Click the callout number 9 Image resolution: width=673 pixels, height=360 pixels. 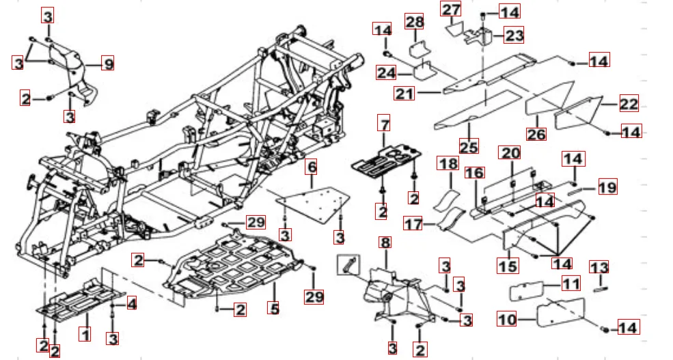coord(107,64)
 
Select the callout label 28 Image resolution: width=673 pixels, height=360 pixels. coord(414,23)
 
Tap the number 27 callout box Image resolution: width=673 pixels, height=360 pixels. coord(451,10)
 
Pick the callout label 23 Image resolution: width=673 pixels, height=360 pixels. coord(514,36)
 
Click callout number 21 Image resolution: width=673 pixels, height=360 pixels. coord(405,93)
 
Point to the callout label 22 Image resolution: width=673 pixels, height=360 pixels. coord(628,105)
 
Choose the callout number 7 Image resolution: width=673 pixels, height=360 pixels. coord(385,125)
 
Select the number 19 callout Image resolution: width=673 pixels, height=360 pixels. coord(607,186)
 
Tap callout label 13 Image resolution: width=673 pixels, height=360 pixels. coord(599,268)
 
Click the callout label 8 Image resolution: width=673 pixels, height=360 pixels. coord(385,243)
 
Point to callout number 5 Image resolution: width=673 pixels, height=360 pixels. coord(274,309)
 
